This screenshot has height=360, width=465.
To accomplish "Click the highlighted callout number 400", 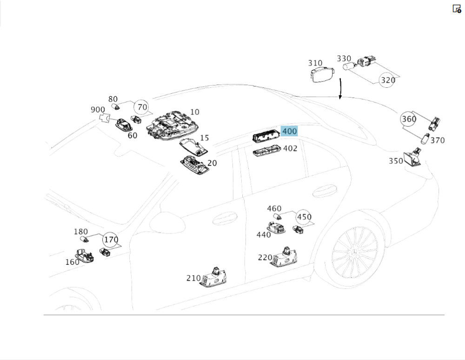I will [289, 131].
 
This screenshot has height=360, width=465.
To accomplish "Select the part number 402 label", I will [290, 149].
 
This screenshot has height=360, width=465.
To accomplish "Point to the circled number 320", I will [387, 80].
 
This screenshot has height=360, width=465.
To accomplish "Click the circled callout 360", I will [409, 119].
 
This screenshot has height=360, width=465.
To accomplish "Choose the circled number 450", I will [304, 217].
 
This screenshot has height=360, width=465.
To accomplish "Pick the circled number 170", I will [111, 240].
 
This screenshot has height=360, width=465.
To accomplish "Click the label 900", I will [98, 110].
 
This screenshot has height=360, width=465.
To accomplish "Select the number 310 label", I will [315, 63].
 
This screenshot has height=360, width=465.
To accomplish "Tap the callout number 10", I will [194, 112].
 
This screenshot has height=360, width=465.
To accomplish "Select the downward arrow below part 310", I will [340, 89].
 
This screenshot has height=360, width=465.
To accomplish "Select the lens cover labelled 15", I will [193, 146].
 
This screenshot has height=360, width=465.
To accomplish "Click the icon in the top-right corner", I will [457, 8].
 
